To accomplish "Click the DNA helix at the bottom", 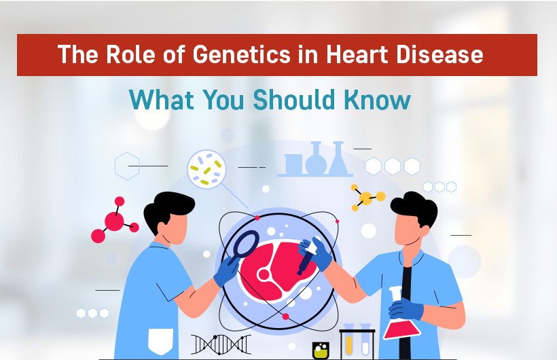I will [x=221, y=343].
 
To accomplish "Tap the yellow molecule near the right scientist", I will [x=367, y=197].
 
